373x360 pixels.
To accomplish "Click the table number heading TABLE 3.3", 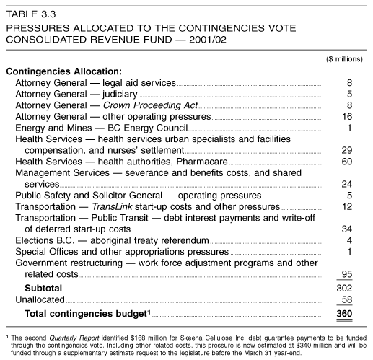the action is point(31,14).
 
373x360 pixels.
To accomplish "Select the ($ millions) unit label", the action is point(344,59).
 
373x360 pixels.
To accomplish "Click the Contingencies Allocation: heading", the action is point(64,71).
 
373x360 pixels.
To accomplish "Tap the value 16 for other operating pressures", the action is point(347,117).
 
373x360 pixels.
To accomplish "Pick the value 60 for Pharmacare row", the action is point(347,162).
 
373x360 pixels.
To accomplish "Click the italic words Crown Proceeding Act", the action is point(150,105).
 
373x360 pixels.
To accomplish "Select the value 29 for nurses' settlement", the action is point(347,150).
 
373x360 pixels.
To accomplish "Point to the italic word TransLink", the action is point(112,206).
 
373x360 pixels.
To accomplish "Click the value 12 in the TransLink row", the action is point(347,206).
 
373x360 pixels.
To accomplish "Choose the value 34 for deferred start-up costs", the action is point(347,229).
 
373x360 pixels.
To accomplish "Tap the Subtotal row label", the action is point(43,288).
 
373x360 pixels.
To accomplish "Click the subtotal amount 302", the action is point(344,288).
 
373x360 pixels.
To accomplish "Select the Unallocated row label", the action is point(40,299).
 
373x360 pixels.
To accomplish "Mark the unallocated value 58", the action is point(347,299).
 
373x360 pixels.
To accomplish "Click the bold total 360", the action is point(344,314).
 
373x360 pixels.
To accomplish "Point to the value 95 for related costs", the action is point(347,274).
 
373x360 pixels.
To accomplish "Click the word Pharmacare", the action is point(202,162).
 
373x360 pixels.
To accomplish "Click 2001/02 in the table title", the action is point(208,40).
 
